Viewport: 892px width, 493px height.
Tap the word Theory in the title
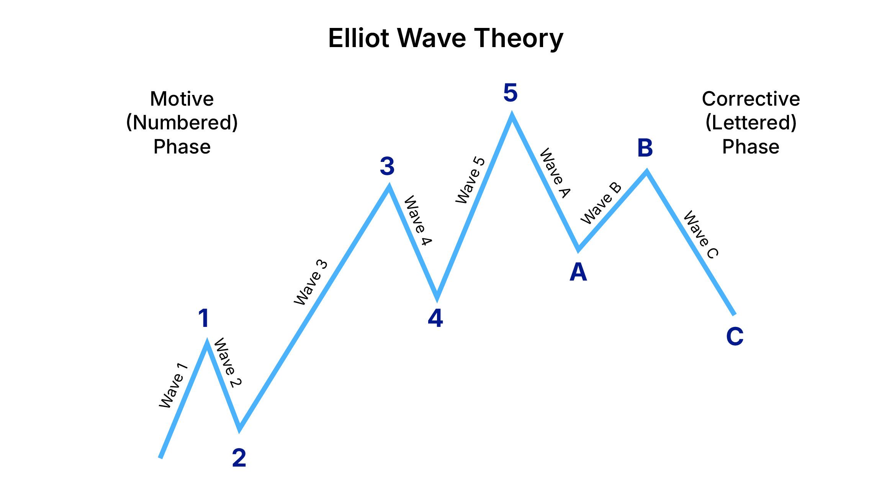coord(519,39)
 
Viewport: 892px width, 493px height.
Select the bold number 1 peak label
coord(204,318)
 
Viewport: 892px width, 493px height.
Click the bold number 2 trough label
coord(239,457)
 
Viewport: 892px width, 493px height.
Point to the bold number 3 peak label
coord(387,166)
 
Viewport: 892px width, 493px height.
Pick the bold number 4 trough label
coord(435,318)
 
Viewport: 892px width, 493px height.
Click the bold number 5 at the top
coord(511,93)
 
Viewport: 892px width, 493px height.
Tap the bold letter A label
coord(578,272)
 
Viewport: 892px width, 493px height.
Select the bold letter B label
coord(645,148)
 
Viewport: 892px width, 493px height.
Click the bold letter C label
coord(735,336)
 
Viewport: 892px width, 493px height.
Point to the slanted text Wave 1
coord(173,385)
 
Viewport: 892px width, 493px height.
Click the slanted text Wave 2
coord(228,362)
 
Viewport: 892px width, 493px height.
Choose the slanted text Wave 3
coord(311,282)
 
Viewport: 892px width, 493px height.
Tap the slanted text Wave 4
coord(418,220)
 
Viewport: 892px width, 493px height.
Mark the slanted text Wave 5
coord(470,180)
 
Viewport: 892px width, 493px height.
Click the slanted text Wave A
coord(555,173)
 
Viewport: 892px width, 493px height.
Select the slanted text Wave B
coord(601,203)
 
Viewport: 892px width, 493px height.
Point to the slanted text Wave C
coord(701,235)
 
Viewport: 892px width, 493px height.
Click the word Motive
coord(182,99)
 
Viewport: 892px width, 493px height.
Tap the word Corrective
coord(751,99)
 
